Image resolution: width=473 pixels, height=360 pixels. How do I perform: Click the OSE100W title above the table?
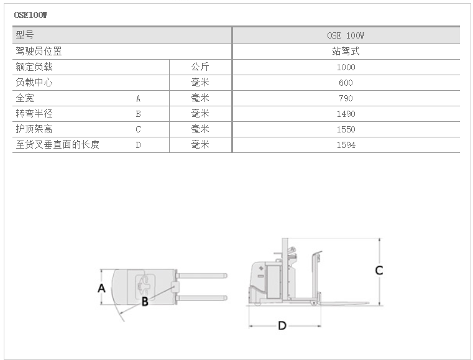click(30, 15)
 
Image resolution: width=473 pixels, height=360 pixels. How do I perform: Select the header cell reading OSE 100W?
click(346, 35)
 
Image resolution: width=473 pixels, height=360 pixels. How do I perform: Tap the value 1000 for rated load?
click(346, 67)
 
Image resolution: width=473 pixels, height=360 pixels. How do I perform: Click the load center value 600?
click(346, 83)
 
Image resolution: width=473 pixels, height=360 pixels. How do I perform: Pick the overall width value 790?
click(346, 98)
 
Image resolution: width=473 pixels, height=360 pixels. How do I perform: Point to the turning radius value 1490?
click(346, 114)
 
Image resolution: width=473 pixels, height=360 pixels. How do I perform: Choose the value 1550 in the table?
click(346, 129)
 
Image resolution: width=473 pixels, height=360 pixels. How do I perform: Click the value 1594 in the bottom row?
click(346, 145)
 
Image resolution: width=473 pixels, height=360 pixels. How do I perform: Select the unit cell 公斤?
click(200, 67)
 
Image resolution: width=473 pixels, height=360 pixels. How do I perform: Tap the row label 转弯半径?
click(34, 113)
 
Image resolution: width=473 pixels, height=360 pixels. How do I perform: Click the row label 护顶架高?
click(34, 129)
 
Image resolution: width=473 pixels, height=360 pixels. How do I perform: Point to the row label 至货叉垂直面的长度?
click(57, 144)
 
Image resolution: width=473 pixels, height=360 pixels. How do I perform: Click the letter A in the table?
click(138, 98)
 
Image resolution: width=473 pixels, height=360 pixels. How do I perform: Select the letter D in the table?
click(138, 145)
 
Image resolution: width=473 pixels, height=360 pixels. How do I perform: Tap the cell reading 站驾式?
click(346, 52)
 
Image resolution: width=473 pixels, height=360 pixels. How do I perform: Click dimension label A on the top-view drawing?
click(102, 288)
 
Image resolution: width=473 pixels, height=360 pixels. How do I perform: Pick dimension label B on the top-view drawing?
click(145, 302)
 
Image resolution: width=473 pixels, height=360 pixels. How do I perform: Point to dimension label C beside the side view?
click(379, 270)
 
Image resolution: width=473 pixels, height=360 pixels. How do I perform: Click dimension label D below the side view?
click(282, 326)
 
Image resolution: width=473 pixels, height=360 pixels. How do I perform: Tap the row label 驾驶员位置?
click(39, 52)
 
